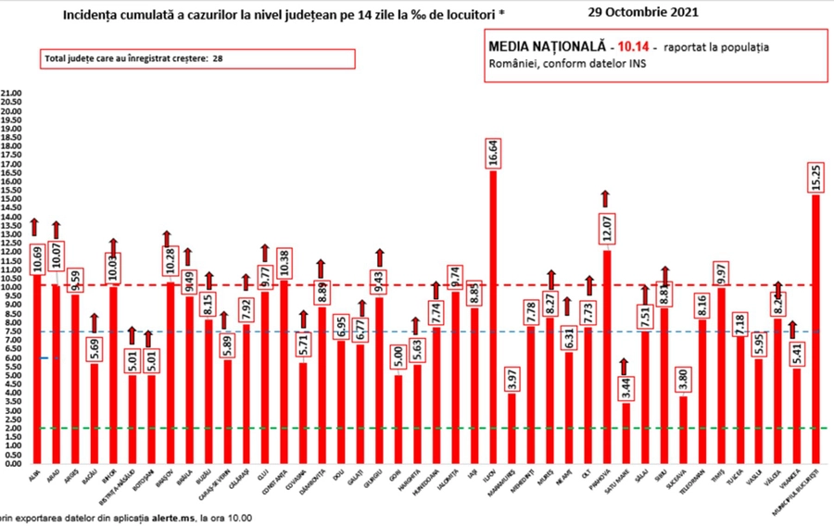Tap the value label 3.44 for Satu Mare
pos(625,382)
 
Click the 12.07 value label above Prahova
pos(606,226)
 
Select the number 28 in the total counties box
pos(219,57)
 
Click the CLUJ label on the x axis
pos(264,471)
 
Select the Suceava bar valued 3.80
pos(684,430)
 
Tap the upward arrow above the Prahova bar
pos(606,197)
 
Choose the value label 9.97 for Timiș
pos(720,269)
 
